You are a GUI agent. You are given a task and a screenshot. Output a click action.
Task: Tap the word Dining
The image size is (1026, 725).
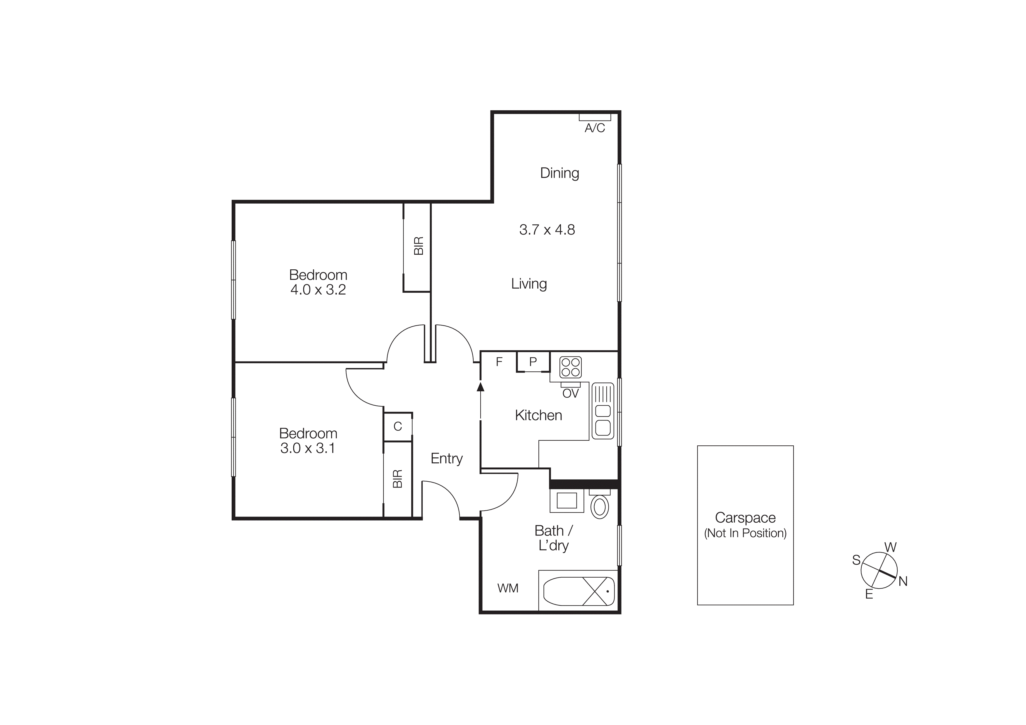point(560,173)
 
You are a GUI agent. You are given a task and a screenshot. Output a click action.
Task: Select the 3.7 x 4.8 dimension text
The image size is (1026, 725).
point(547,230)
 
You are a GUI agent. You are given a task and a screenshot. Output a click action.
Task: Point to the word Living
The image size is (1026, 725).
point(529,284)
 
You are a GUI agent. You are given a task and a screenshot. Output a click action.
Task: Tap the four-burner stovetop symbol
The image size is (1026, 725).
point(570,367)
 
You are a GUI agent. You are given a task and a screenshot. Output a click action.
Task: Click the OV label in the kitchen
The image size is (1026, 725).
point(570,394)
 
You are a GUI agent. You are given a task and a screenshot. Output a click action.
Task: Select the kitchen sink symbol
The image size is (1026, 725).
point(603,411)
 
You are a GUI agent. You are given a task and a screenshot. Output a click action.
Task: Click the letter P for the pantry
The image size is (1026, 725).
point(533,362)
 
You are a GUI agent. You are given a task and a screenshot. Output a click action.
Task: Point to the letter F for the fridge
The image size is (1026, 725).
point(499,362)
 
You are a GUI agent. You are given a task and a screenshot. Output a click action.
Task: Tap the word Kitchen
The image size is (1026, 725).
point(538,415)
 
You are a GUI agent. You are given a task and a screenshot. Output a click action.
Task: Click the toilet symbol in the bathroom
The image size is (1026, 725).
point(599,506)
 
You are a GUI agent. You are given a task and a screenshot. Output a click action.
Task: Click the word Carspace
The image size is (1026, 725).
point(745,518)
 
